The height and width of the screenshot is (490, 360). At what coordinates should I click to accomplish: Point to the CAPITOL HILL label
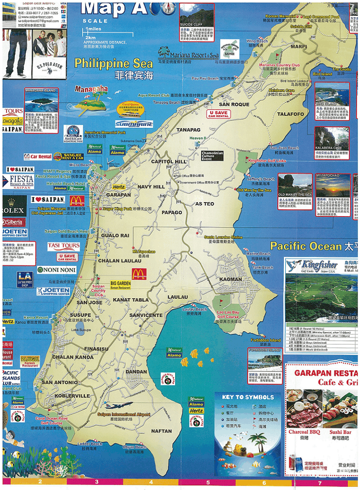pos(168,161)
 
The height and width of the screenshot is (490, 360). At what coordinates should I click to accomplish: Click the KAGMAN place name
pos(230,280)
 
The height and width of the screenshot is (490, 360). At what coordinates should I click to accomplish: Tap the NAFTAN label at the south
pos(162,431)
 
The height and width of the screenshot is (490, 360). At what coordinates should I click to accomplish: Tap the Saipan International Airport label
pos(124,414)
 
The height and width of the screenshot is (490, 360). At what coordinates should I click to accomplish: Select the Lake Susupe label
pos(81,330)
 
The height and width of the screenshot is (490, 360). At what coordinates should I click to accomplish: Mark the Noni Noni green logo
pos(56,270)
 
